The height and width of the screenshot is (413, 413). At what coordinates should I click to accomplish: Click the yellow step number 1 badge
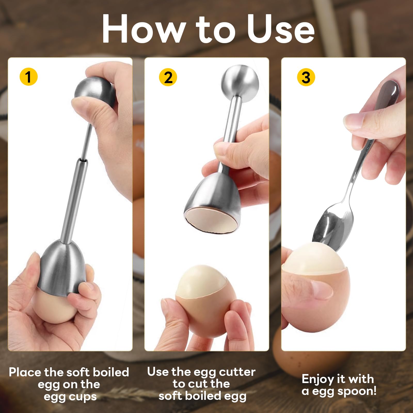coord(29,77)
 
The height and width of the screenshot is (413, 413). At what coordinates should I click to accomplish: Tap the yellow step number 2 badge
coord(168,77)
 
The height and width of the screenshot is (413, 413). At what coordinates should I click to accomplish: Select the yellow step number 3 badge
coord(306,77)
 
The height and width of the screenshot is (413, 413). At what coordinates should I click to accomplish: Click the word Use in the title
coord(280,29)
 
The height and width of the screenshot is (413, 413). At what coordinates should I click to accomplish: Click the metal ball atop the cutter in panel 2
coord(240,82)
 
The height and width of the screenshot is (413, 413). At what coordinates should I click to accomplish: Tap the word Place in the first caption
coord(26,372)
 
